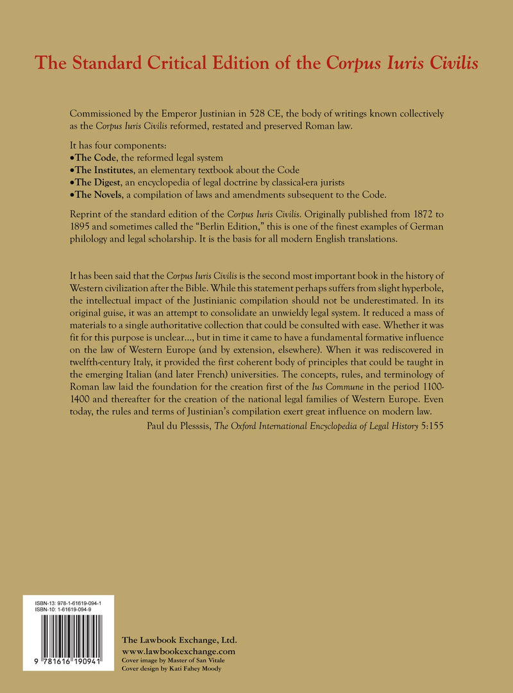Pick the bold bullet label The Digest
click(x=96, y=182)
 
